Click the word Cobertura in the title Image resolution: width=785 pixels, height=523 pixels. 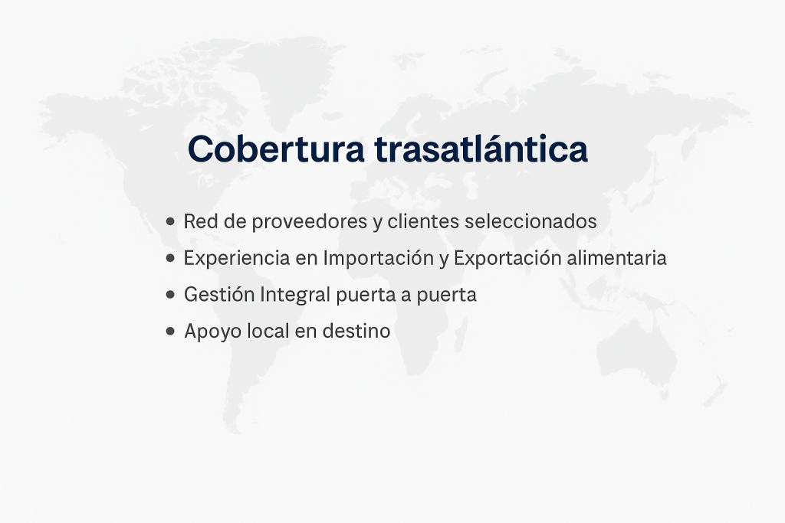(x=276, y=149)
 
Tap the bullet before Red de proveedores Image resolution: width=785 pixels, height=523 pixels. (x=170, y=221)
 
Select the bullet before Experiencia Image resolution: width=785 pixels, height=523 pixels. (x=170, y=258)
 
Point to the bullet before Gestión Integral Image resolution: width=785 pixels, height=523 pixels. (x=170, y=295)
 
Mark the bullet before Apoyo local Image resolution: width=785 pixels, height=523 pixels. (x=170, y=331)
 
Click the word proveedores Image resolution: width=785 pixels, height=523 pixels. (x=310, y=222)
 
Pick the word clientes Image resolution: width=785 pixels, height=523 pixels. (x=423, y=221)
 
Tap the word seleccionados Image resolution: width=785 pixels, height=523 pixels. (x=530, y=221)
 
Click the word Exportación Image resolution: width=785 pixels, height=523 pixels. (x=507, y=259)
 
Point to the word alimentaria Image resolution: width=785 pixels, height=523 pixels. (x=617, y=258)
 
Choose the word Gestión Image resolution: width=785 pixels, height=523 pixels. (x=219, y=295)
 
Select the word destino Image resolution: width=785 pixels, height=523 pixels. (x=356, y=331)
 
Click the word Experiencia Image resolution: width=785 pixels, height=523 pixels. (x=237, y=259)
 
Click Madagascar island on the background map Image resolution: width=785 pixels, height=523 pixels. (x=461, y=334)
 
